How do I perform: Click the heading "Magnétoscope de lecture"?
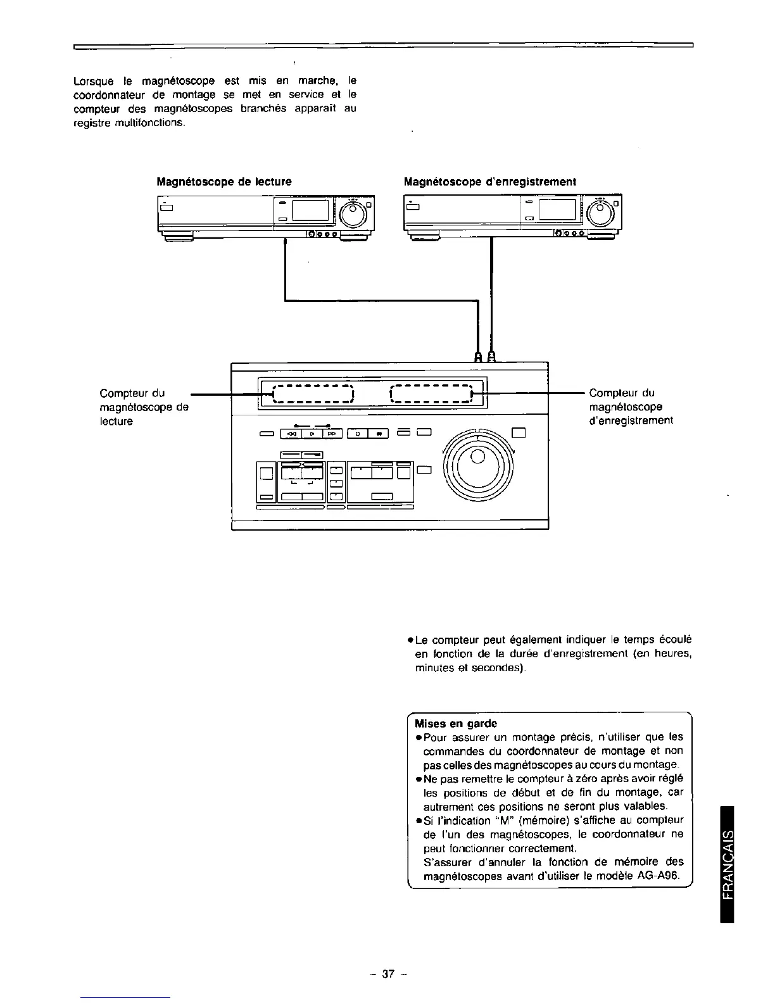(x=224, y=182)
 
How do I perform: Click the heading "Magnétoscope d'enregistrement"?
(x=490, y=182)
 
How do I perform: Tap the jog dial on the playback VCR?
(x=353, y=215)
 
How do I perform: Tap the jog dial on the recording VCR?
(x=600, y=215)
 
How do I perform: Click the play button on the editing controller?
(x=312, y=434)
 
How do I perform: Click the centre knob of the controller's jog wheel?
(x=479, y=457)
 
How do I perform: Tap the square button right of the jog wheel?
(x=519, y=434)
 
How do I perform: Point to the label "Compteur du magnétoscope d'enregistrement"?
(x=630, y=407)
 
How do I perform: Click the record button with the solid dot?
(x=378, y=434)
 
